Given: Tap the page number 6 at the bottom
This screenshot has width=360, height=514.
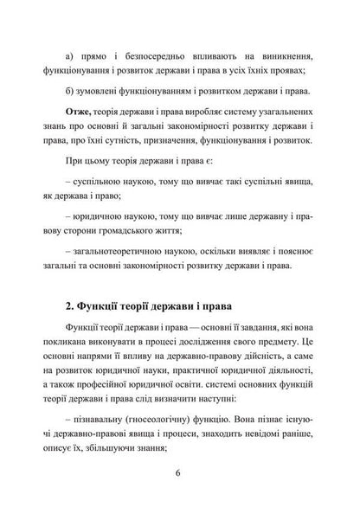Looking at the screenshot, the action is tap(177, 472).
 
